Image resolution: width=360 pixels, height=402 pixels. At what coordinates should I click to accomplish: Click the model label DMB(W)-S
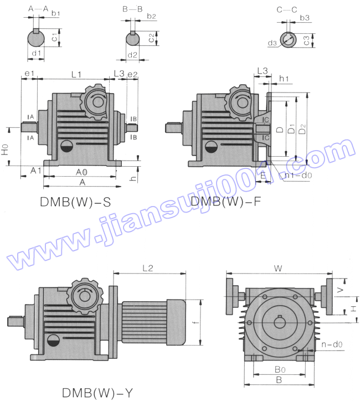(x=75, y=202)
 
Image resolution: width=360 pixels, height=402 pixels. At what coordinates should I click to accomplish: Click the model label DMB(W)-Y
(x=97, y=393)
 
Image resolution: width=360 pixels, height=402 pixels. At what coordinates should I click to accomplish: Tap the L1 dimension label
(x=77, y=74)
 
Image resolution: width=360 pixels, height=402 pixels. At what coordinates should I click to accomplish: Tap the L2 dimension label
(x=147, y=268)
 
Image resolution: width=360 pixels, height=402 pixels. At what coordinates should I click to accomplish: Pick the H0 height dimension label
(x=6, y=148)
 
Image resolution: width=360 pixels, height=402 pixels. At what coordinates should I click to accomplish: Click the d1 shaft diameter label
(x=37, y=54)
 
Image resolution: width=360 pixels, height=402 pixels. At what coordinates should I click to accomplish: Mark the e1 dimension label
(x=29, y=74)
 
